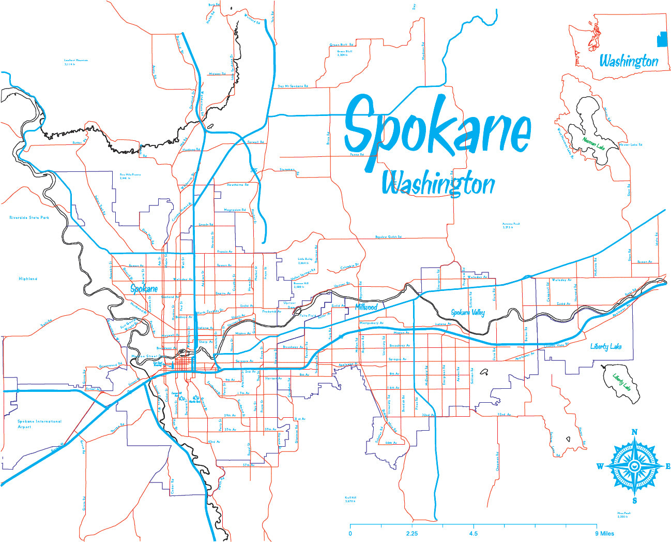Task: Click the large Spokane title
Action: tap(437, 129)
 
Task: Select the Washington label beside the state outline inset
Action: tap(629, 61)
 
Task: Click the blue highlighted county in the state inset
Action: tap(661, 39)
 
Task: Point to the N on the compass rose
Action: tap(635, 432)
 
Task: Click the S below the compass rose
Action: tap(635, 501)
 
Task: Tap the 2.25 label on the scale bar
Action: tap(412, 534)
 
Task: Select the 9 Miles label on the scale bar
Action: tap(604, 534)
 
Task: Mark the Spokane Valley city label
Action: tap(468, 313)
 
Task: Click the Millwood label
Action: tap(366, 307)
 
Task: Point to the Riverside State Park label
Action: tap(29, 218)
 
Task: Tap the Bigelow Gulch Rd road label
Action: tap(388, 237)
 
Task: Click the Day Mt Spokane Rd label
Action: tap(293, 86)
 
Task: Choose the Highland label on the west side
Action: tap(28, 279)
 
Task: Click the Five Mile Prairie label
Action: tap(130, 176)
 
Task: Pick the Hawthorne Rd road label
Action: tap(238, 184)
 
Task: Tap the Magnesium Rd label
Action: tap(235, 210)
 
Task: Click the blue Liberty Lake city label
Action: tap(606, 346)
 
